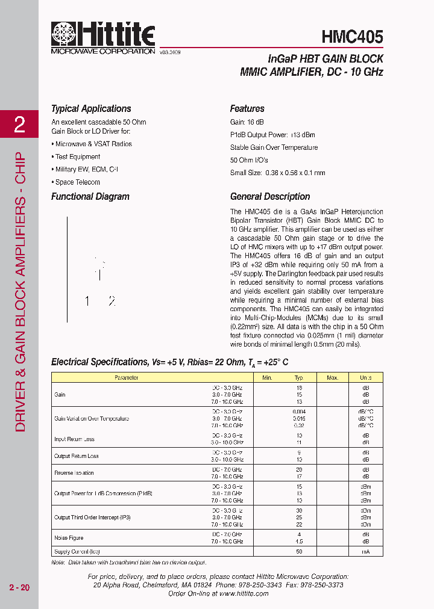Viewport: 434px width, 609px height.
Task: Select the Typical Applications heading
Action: click(91, 109)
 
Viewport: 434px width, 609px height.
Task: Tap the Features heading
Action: click(247, 109)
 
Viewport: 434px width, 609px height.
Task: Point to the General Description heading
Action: click(270, 197)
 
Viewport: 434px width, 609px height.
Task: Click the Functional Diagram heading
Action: click(90, 197)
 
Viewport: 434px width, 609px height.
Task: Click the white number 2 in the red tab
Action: click(19, 125)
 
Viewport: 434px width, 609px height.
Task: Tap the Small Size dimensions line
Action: click(277, 173)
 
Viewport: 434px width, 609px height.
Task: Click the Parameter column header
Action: click(127, 378)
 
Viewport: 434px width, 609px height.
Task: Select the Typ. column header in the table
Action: click(299, 378)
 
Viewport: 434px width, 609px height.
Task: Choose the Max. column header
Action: click(332, 378)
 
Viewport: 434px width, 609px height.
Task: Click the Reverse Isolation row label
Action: click(74, 473)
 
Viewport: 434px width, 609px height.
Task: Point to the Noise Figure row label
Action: click(69, 538)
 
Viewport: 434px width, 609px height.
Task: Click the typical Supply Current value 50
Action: click(299, 552)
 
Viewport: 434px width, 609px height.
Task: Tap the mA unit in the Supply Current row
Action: click(366, 552)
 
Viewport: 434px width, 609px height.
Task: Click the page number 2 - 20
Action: click(19, 587)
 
